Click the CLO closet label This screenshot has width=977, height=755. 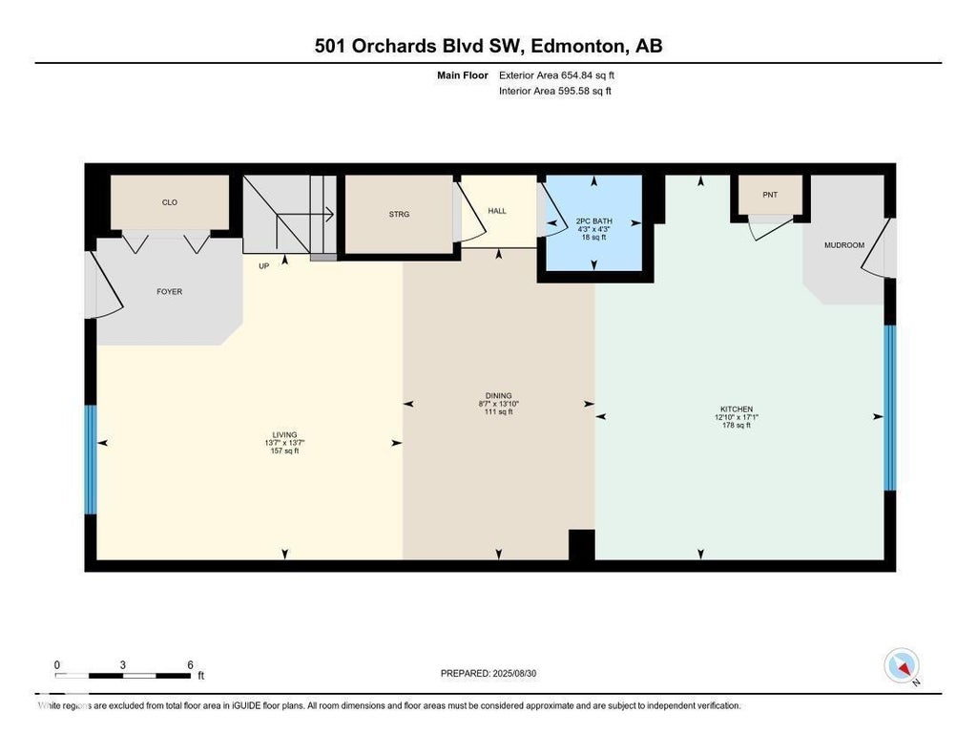170,202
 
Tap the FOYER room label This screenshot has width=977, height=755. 170,291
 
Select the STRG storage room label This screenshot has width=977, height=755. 399,214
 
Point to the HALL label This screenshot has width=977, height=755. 497,211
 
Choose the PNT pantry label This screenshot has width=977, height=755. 770,195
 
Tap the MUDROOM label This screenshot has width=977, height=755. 844,245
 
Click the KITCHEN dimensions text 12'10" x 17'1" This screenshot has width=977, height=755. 737,417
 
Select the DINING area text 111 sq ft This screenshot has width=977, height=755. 498,411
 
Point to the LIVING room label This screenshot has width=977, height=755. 284,434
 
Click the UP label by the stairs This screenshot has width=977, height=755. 264,266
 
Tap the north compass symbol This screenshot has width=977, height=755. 902,666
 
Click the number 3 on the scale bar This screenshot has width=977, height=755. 123,665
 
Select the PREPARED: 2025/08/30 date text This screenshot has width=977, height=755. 488,673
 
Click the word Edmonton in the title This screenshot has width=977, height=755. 577,46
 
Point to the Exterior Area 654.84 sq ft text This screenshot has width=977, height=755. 557,75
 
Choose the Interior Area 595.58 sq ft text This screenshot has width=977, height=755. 555,91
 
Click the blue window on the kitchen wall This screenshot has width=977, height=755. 890,408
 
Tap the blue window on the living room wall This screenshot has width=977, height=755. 91,460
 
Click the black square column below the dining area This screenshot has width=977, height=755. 582,545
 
